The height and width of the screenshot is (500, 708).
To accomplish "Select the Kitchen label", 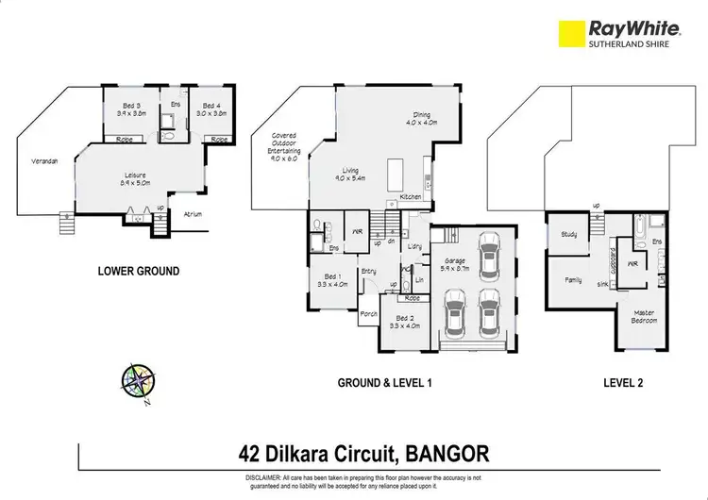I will [411, 196].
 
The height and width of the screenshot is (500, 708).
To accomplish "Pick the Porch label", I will [368, 314].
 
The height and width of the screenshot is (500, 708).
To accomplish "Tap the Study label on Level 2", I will [569, 234].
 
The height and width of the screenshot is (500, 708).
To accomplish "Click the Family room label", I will [573, 280].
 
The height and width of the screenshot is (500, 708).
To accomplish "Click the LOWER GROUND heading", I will [139, 271].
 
